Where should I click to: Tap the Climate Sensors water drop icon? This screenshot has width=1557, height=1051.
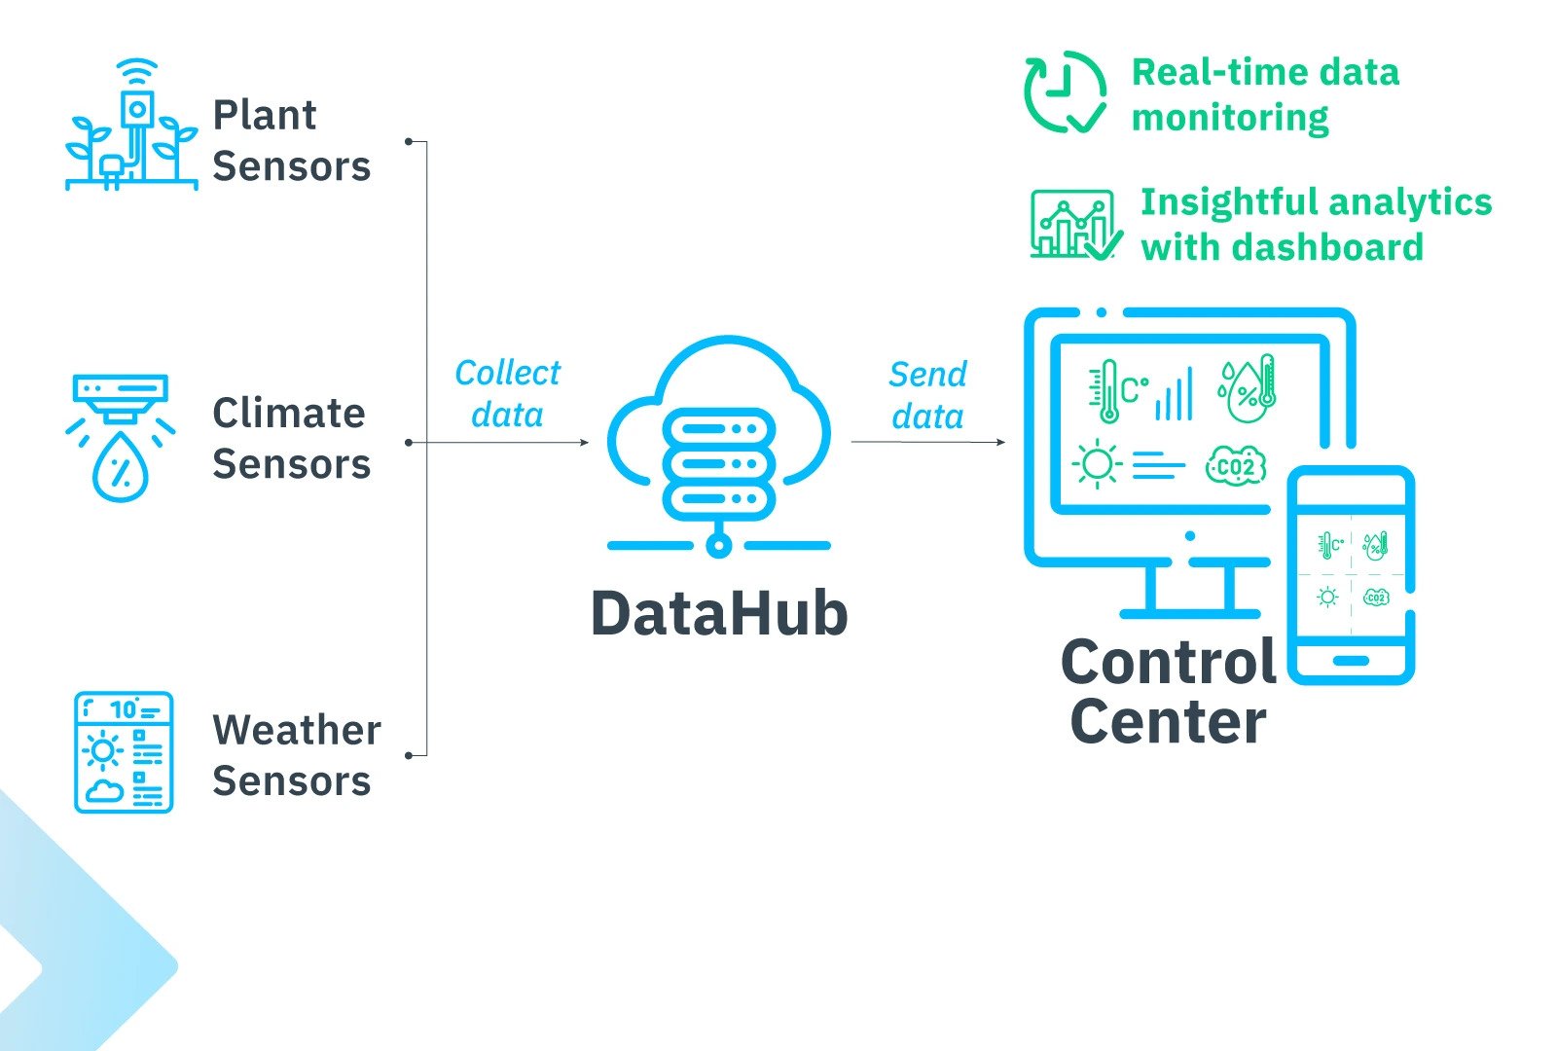click(121, 467)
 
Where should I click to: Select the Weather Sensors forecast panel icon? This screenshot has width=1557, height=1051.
click(124, 752)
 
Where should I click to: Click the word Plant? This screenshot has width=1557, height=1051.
click(264, 116)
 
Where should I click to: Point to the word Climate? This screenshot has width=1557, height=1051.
click(288, 414)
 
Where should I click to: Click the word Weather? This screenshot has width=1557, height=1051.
click(297, 731)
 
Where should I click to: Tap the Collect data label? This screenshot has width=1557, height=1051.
click(507, 394)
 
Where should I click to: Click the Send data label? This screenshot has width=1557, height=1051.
click(927, 395)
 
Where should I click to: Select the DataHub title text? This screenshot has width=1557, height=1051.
click(719, 614)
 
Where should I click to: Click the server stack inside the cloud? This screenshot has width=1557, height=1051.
click(718, 464)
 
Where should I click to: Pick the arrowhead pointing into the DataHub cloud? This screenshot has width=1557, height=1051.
click(584, 443)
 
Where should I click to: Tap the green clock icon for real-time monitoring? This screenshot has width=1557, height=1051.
click(1064, 92)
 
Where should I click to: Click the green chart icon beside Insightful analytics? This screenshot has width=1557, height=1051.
click(1073, 225)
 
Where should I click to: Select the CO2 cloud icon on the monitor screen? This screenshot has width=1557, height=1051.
click(1235, 467)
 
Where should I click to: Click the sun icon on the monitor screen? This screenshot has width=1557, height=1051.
click(1097, 464)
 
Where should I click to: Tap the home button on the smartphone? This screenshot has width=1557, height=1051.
click(1351, 661)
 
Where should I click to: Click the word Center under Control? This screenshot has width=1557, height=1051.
click(1168, 722)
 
